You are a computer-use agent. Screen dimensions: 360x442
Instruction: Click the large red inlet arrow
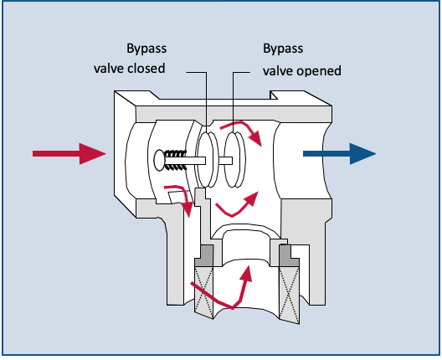(69, 153)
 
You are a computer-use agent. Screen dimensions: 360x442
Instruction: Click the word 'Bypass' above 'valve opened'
(281, 49)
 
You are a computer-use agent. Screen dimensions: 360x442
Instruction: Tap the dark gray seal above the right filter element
(286, 251)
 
